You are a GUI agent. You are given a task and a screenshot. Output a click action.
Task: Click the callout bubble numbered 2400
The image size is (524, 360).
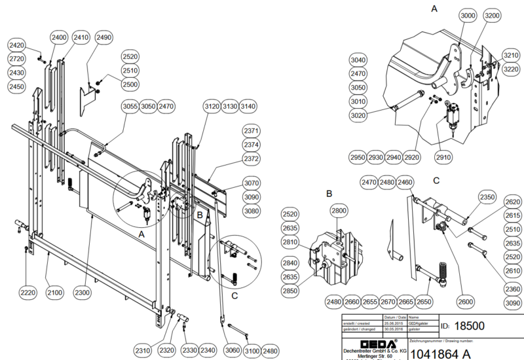click(x=58, y=38)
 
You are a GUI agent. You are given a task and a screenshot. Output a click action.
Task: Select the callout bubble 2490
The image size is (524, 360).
click(x=104, y=38)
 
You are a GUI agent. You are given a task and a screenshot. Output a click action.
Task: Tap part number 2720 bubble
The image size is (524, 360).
click(x=17, y=59)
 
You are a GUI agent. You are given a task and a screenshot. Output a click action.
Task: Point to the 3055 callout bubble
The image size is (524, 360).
click(x=130, y=106)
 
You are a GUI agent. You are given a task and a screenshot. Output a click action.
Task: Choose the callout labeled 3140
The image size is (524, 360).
click(x=248, y=106)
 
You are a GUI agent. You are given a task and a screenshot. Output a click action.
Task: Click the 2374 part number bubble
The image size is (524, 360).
click(x=252, y=144)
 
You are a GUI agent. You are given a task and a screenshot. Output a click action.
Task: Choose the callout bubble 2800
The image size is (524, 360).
click(x=338, y=210)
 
